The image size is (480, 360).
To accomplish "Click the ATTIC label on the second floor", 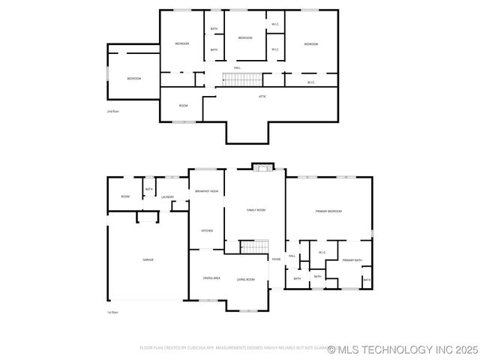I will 262,97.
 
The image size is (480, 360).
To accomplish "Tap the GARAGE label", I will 148,259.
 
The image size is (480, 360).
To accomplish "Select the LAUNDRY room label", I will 168,197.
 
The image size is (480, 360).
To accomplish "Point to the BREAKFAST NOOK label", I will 206,192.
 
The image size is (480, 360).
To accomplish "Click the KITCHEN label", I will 206,231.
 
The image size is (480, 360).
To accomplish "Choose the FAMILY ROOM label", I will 256,210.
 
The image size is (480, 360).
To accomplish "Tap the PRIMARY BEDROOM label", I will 328,211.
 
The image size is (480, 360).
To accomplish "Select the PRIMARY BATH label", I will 352,260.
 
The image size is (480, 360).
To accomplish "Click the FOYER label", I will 276,259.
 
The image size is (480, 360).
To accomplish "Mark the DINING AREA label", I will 211,278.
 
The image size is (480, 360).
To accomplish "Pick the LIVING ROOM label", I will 245,280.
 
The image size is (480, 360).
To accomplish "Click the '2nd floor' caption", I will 113,111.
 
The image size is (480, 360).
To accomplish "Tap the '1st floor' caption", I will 113,312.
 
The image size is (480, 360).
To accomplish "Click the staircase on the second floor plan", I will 241,79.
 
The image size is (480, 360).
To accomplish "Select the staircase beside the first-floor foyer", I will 254,247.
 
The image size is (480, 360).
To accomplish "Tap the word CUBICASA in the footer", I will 193,348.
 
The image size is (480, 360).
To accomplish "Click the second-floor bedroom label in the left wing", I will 133,79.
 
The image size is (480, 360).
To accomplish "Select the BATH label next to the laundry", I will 148,189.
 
